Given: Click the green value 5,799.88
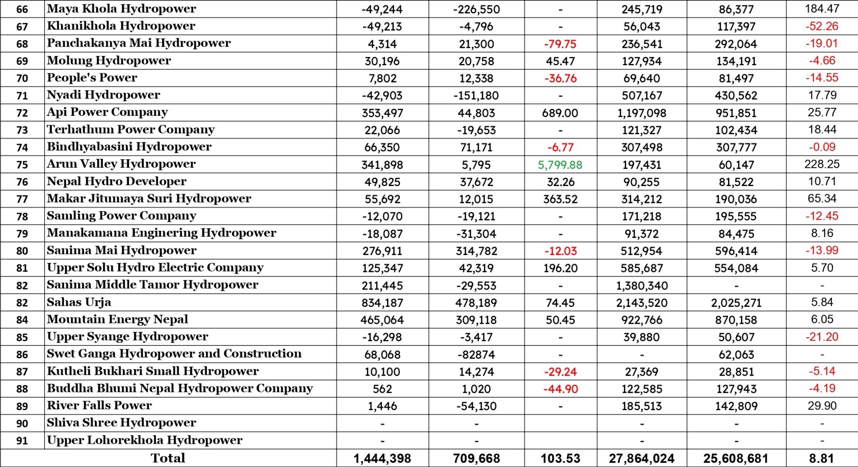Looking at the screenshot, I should click(560, 165).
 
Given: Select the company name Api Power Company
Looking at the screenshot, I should click(107, 112).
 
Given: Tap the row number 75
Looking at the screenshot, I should click(22, 165).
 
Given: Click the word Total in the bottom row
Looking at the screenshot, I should click(168, 458).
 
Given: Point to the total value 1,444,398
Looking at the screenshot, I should click(382, 459).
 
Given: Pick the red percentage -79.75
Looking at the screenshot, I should click(560, 44).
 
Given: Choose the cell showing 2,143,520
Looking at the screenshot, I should click(642, 303).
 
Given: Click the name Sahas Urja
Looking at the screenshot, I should click(79, 302).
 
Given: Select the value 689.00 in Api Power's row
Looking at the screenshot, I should click(560, 113).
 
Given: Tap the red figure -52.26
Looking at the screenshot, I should click(822, 26).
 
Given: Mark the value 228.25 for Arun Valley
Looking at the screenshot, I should click(822, 164).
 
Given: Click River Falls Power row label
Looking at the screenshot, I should click(99, 406).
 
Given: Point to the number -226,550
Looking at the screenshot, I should click(476, 9).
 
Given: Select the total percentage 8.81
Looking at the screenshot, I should click(821, 459).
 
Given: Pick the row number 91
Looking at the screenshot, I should click(22, 441).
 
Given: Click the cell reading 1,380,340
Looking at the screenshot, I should click(642, 285).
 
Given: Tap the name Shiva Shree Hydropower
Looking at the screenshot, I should click(122, 423).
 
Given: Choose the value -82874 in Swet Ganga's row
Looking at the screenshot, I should click(476, 355).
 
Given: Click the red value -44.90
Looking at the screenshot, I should click(560, 389).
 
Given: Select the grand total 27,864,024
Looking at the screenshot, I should click(642, 459).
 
